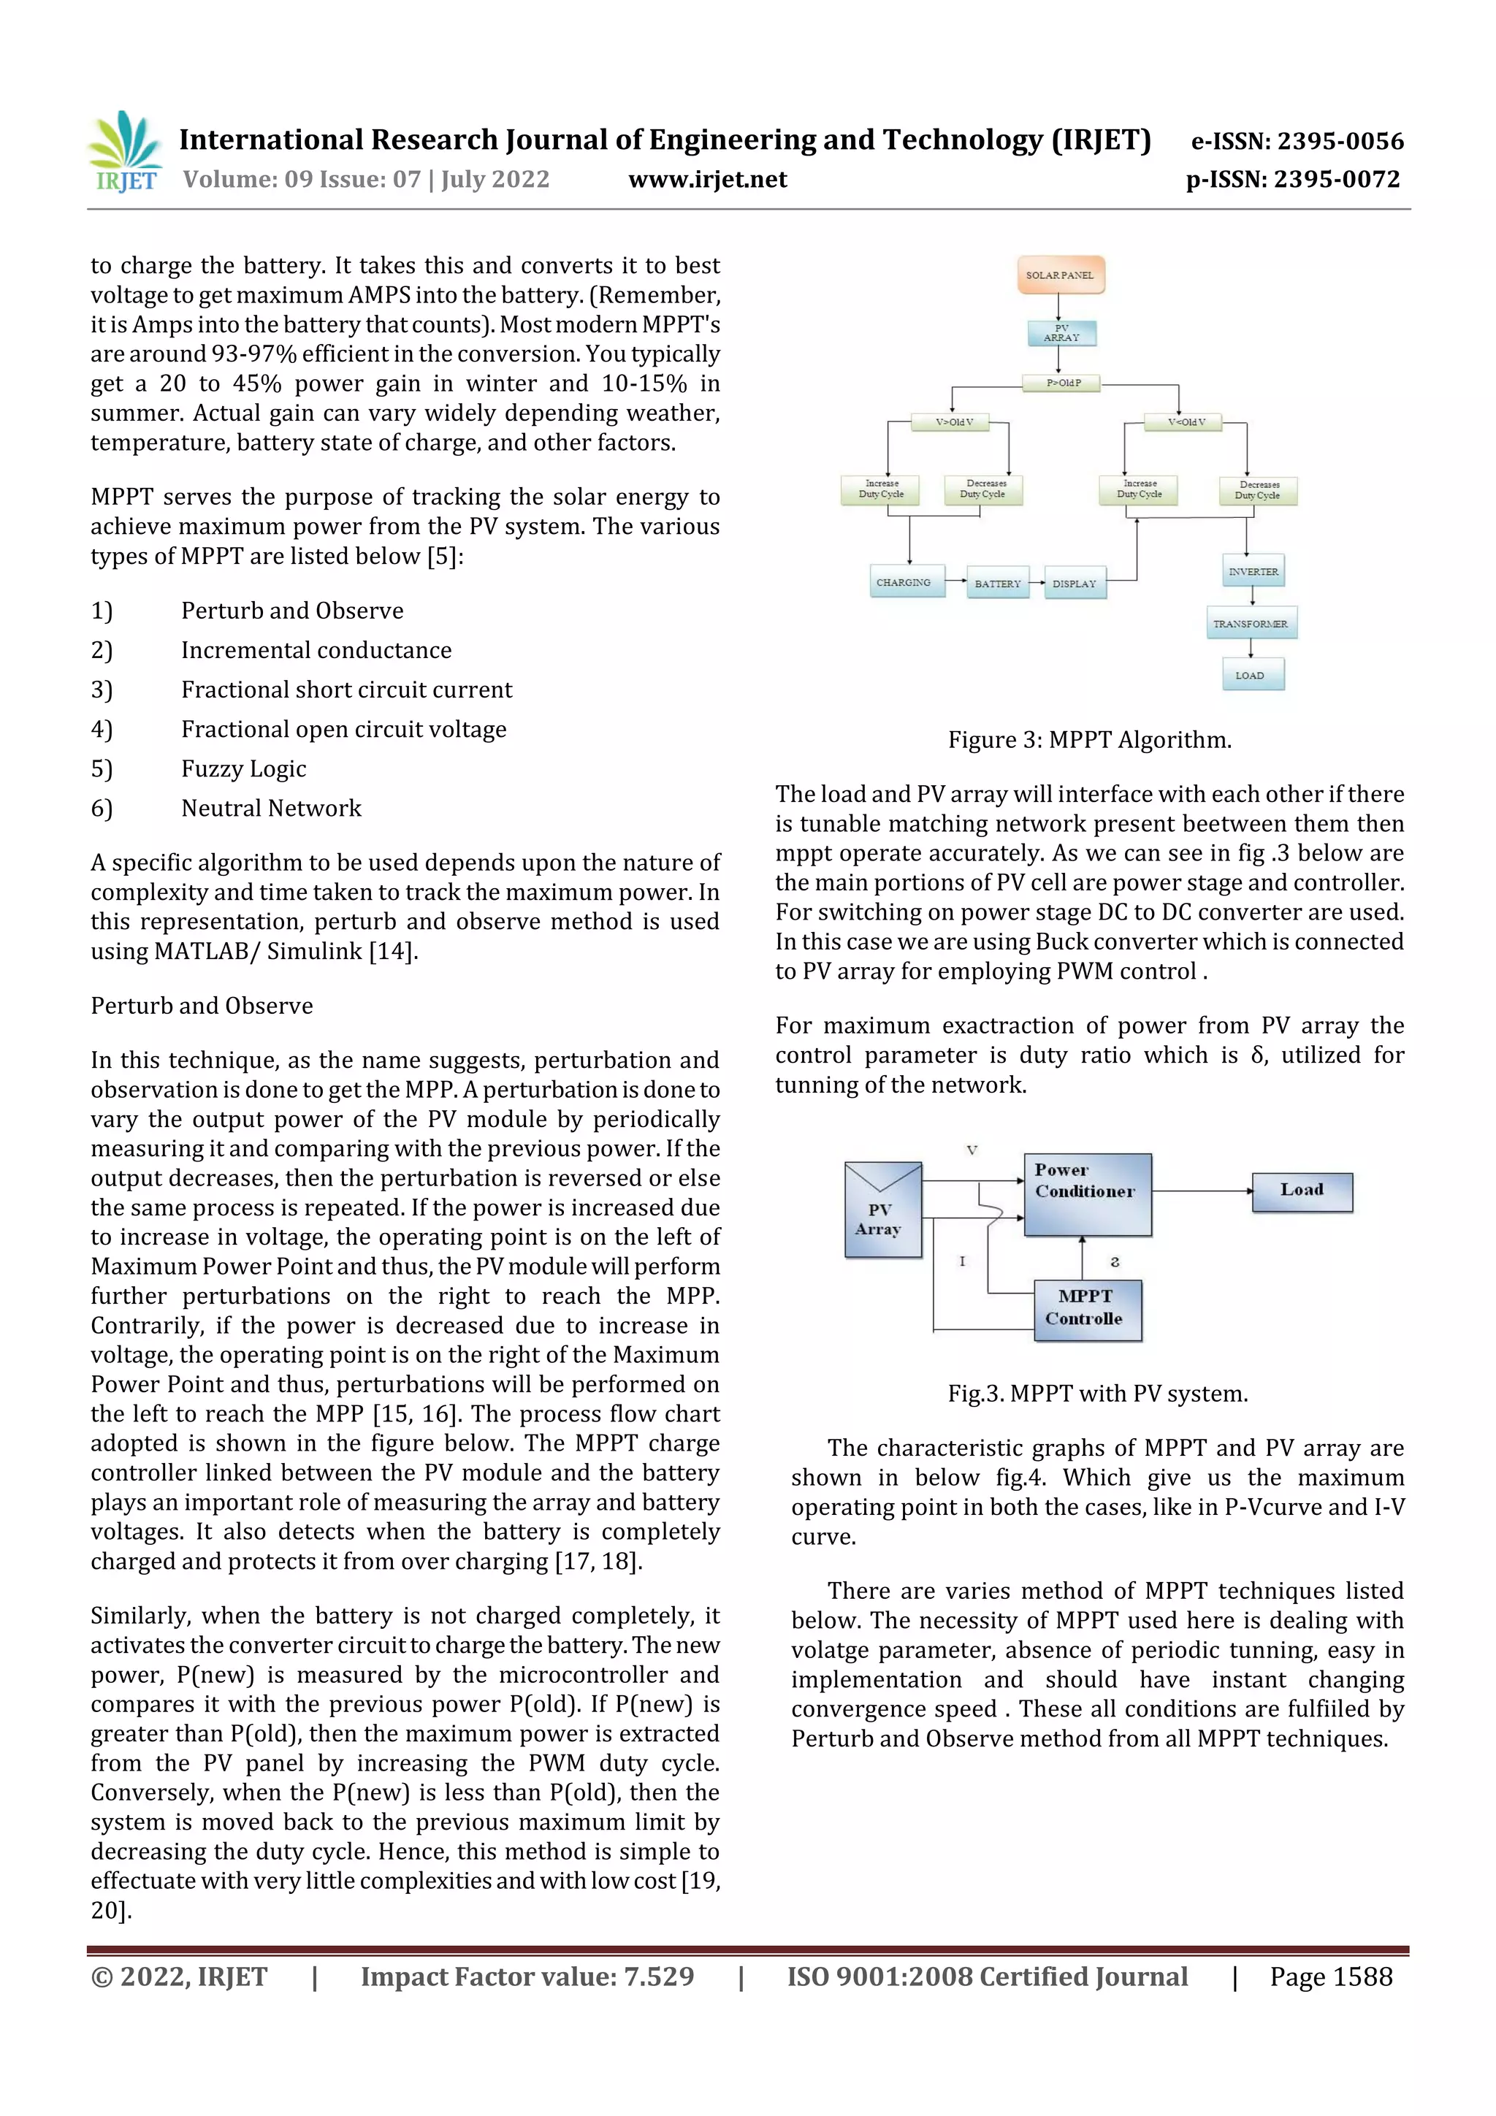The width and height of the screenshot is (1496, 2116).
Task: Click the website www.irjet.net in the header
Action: [707, 179]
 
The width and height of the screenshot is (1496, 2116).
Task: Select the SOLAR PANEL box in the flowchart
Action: [1060, 275]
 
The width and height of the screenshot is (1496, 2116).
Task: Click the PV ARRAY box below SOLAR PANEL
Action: [1062, 332]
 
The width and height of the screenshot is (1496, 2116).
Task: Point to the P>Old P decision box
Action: [1062, 383]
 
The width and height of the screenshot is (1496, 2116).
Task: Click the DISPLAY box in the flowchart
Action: [1075, 584]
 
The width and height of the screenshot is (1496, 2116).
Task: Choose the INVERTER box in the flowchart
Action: [1253, 571]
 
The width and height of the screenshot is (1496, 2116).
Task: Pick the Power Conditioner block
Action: [1087, 1193]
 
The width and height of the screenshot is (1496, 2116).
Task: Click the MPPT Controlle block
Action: [1087, 1309]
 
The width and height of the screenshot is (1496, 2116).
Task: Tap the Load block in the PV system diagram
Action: [1302, 1191]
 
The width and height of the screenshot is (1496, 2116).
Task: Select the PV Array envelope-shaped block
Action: [882, 1209]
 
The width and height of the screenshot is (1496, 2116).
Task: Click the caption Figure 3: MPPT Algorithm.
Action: [1090, 740]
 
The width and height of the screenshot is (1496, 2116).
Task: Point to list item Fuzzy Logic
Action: [243, 768]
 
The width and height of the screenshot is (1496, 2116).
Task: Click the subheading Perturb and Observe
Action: [202, 1006]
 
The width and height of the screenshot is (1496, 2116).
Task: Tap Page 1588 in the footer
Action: [1331, 1976]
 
